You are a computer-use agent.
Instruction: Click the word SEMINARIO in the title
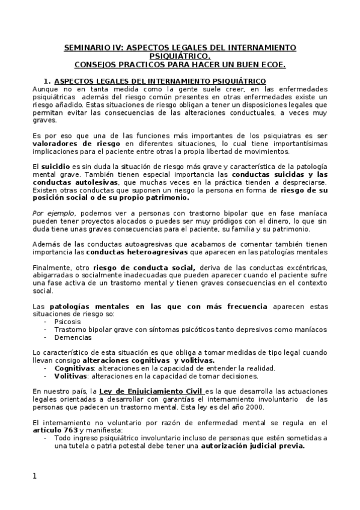pos(84,48)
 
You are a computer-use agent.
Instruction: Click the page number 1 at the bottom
pos(35,477)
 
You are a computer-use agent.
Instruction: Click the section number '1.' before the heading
pos(46,81)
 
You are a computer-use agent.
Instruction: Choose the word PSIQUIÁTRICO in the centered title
pos(179,55)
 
